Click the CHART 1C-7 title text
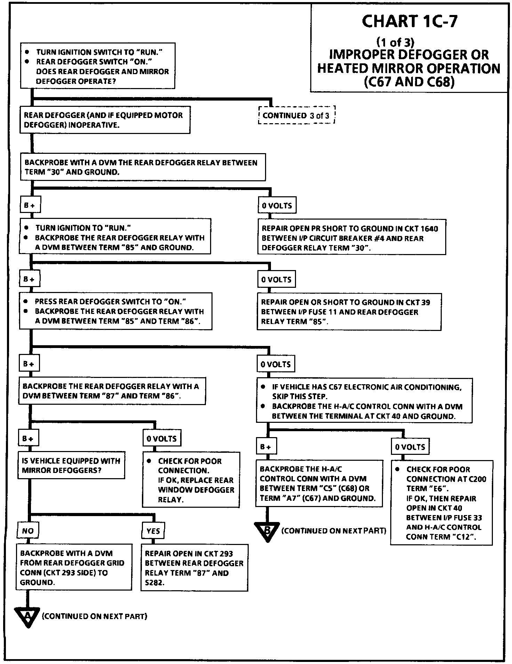click(x=409, y=22)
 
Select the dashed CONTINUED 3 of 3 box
click(x=296, y=116)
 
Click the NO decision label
click(x=28, y=531)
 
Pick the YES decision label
click(x=153, y=531)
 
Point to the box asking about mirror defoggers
click(x=71, y=466)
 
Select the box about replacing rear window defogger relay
click(x=191, y=480)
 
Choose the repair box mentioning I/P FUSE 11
click(x=349, y=311)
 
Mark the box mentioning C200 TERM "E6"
click(x=441, y=503)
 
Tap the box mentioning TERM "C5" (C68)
click(x=319, y=483)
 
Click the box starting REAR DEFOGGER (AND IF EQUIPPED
click(x=105, y=120)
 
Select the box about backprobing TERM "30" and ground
click(x=143, y=167)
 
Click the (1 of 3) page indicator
click(x=395, y=42)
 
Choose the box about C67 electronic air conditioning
click(x=364, y=401)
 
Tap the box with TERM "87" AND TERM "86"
click(x=112, y=391)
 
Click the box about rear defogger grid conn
click(x=74, y=567)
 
